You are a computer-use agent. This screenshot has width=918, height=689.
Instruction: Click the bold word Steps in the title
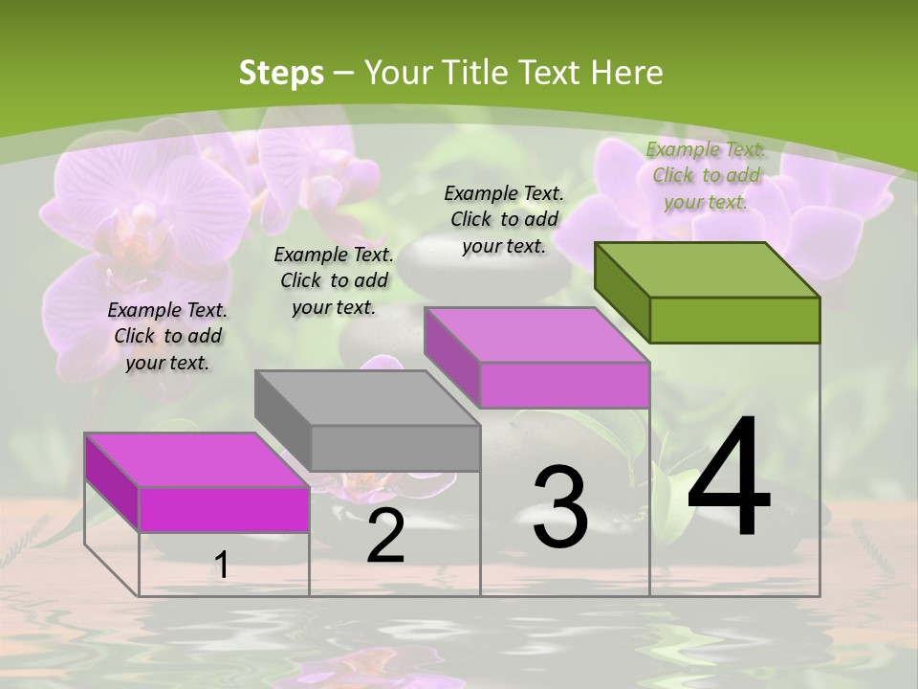click(281, 73)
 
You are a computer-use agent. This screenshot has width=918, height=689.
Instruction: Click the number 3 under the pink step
click(560, 507)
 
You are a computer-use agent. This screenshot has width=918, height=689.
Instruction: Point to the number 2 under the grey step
click(386, 536)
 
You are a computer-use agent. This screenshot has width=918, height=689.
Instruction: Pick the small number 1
click(222, 565)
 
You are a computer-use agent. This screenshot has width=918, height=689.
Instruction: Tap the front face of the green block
click(734, 320)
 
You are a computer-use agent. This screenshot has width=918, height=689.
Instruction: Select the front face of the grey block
click(395, 448)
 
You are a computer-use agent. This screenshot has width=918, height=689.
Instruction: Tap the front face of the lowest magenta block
click(224, 509)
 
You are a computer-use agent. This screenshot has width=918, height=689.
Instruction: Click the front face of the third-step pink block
click(564, 385)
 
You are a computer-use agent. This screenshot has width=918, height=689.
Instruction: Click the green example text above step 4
click(706, 175)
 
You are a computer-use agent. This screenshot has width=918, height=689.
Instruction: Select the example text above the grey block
click(334, 280)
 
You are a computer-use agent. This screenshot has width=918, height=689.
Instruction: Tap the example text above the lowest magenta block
click(167, 336)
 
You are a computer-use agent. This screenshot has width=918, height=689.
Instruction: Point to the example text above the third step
click(504, 219)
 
